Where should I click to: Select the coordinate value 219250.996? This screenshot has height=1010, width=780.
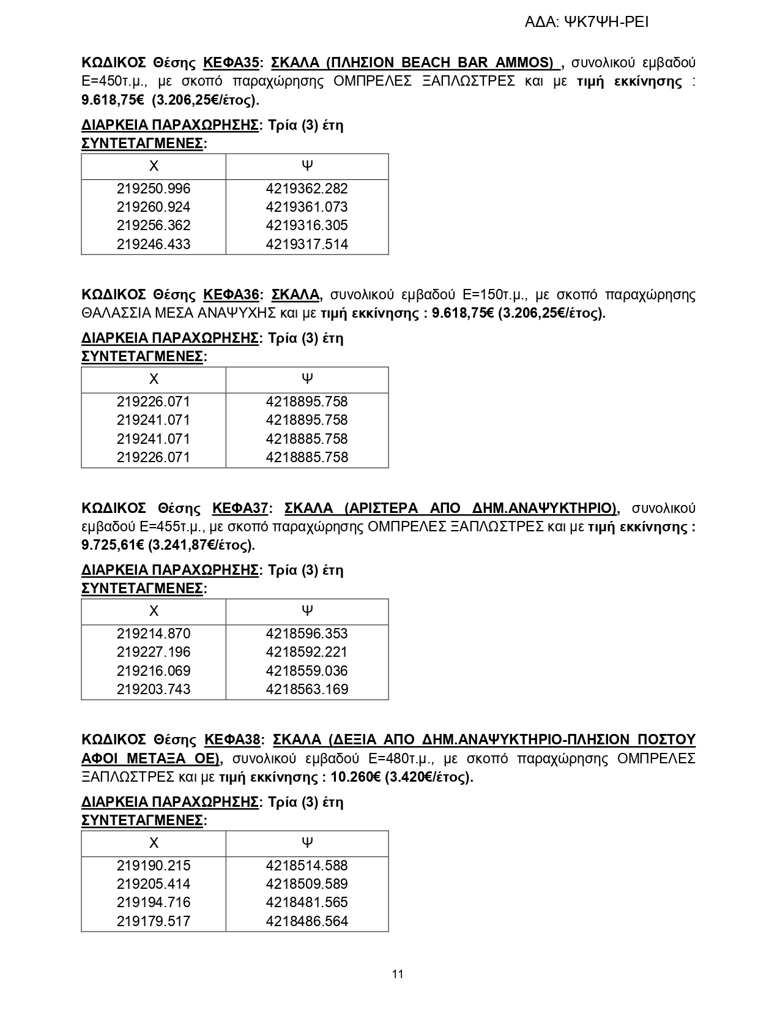point(154,189)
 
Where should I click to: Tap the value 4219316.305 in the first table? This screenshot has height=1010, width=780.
point(306,225)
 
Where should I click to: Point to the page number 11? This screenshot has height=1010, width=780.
point(398,974)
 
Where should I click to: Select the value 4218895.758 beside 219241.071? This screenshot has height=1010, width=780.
point(306,421)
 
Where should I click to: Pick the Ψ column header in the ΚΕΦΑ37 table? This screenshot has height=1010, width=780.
point(307,610)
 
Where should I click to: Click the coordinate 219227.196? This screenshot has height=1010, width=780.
point(154,652)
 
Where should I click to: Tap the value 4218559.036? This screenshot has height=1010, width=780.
point(306,671)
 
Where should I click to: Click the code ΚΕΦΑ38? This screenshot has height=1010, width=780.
point(233,740)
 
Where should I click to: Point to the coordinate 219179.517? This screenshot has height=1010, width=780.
point(154,921)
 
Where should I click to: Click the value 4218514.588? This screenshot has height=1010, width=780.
point(306,866)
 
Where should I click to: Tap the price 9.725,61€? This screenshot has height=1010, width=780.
point(113,545)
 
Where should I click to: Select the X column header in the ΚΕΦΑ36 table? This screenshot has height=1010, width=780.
point(154,379)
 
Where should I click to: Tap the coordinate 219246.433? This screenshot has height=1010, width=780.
point(154,244)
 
